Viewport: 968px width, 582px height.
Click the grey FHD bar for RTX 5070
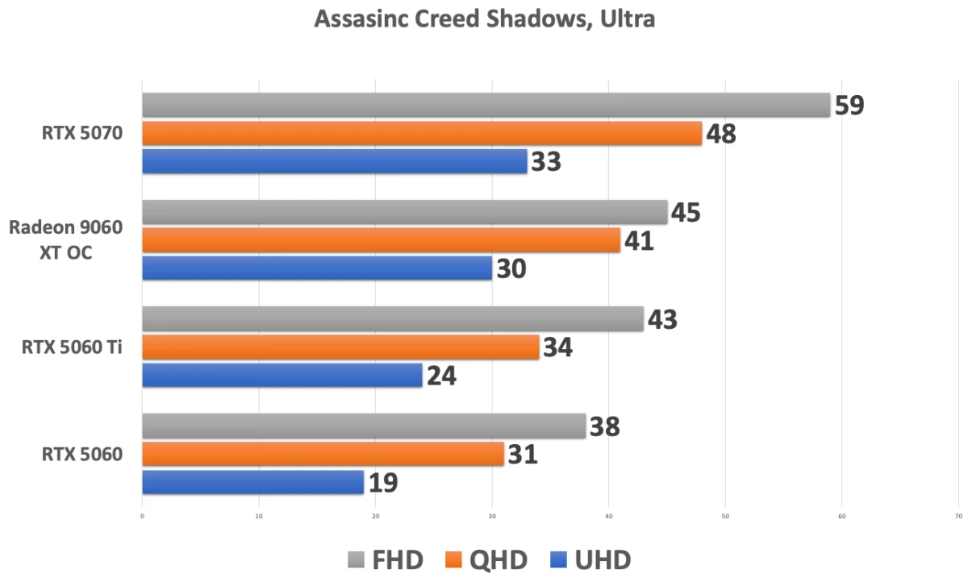point(486,105)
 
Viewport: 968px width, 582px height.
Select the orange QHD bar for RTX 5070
point(422,133)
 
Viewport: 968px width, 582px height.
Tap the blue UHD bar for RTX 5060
point(252,482)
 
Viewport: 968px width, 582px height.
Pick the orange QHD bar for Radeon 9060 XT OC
point(381,240)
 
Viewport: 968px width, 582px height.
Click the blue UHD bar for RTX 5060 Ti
point(282,375)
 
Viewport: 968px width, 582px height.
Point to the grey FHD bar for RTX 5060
point(364,426)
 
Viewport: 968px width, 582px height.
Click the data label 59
point(849,106)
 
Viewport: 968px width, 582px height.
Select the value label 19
point(384,483)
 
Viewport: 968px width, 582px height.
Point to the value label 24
point(441,376)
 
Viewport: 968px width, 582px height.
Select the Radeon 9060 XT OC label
point(66,240)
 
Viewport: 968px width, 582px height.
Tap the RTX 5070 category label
point(82,133)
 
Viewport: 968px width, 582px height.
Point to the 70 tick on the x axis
point(958,516)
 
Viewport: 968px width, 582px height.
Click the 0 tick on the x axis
point(142,516)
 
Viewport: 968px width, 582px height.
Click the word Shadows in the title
point(532,19)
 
